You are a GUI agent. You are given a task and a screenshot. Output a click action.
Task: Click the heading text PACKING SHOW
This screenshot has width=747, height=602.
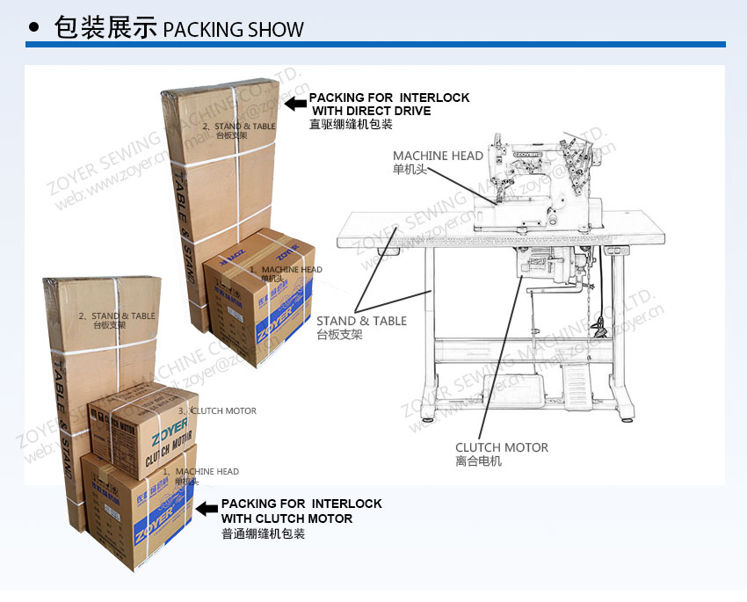(x=233, y=28)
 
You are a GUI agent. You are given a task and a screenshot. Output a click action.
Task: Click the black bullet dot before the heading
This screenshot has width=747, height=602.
(x=34, y=27)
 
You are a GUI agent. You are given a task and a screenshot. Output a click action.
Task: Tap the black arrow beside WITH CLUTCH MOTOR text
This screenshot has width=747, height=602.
(x=207, y=508)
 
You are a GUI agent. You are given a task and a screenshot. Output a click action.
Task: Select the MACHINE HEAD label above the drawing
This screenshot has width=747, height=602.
(x=438, y=156)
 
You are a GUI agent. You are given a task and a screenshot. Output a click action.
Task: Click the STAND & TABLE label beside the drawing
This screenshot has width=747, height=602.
(x=361, y=321)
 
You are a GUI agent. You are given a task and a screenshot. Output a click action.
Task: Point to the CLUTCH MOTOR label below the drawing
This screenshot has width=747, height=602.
(x=501, y=447)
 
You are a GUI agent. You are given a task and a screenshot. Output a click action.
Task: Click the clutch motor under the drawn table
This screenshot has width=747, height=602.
(x=543, y=264)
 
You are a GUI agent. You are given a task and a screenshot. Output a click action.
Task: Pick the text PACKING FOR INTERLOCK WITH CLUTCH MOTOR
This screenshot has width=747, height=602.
(x=301, y=511)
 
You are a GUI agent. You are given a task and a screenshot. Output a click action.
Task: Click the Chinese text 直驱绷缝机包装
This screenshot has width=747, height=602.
(x=350, y=125)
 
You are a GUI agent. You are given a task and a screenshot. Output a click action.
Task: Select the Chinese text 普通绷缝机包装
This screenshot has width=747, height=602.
(x=263, y=533)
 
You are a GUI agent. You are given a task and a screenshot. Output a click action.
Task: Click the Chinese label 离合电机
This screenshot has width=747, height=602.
(x=478, y=461)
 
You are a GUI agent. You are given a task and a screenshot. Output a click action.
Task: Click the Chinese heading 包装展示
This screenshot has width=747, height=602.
(x=105, y=27)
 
